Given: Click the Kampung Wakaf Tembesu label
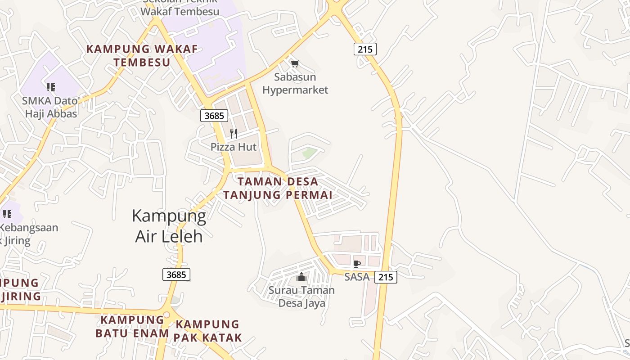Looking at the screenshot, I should click(142, 55).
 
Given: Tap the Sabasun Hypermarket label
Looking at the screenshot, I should click(295, 84).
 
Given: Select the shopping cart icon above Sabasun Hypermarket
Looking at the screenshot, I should click(295, 63).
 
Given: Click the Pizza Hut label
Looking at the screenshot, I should click(234, 147).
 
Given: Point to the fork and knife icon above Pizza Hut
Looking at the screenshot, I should click(234, 133).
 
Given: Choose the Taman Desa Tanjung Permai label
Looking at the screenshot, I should click(278, 188).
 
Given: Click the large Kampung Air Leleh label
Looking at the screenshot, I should click(169, 226).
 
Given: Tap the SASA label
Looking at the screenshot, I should click(357, 277).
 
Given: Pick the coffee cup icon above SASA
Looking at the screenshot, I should click(357, 264).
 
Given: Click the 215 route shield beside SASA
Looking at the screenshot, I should click(386, 277).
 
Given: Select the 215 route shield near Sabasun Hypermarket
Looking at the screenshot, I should click(365, 49).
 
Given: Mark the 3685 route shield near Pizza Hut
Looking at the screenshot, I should click(214, 116).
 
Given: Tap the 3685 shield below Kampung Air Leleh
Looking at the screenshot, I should click(176, 274).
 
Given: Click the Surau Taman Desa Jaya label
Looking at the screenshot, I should click(301, 297).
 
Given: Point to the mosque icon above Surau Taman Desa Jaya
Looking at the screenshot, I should click(301, 277).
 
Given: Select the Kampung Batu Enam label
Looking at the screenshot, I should click(132, 326).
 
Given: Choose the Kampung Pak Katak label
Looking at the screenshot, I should click(208, 331).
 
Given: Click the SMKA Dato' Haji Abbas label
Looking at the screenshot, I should click(51, 107).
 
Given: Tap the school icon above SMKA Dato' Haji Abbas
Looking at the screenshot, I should click(51, 87).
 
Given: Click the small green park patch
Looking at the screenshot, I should click(310, 153).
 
